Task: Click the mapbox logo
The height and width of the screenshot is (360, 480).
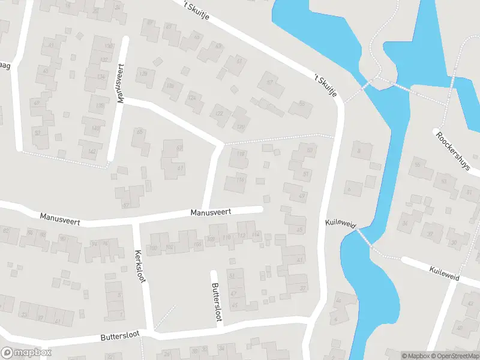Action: click(x=26, y=353)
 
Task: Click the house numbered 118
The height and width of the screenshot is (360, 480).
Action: click(x=241, y=155)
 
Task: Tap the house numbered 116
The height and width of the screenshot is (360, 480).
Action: click(x=241, y=179)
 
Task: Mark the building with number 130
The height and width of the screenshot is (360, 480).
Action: click(x=109, y=46)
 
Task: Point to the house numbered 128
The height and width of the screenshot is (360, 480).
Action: click(x=143, y=74)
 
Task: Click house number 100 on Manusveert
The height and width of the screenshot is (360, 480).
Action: click(x=153, y=248)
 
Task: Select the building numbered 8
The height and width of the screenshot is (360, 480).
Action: click(x=358, y=152)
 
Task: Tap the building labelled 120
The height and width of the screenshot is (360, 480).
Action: click(x=241, y=127)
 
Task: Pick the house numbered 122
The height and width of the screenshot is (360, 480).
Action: click(x=220, y=114)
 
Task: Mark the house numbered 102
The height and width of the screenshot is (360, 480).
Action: click(x=169, y=247)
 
